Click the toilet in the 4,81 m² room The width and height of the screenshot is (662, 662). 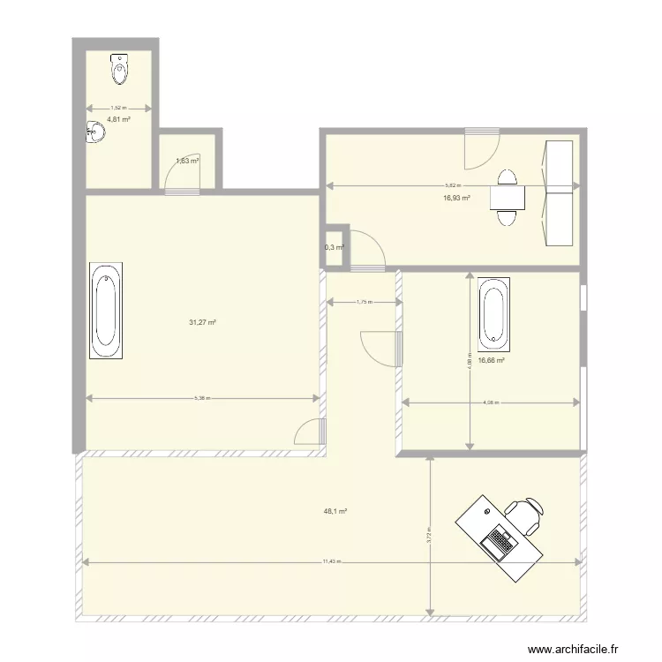coord(119,68)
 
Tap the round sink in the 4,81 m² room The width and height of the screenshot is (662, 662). coord(94,132)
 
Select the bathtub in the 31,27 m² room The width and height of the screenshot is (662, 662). coord(106,311)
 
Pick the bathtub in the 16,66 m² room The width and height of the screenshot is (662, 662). coord(493,312)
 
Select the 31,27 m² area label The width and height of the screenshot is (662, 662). coord(202,322)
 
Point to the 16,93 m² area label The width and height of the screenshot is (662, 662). coord(456,199)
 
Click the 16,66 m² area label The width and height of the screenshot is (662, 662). coord(491,360)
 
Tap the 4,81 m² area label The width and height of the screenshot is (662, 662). coord(119,119)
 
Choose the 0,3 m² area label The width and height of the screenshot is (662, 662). coord(334,248)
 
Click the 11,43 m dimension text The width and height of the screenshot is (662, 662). coord(332,560)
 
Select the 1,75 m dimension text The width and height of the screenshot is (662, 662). coord(364,302)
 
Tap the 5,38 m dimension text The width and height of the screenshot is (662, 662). coord(202,398)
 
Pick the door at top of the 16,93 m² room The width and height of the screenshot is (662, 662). coord(481,147)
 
